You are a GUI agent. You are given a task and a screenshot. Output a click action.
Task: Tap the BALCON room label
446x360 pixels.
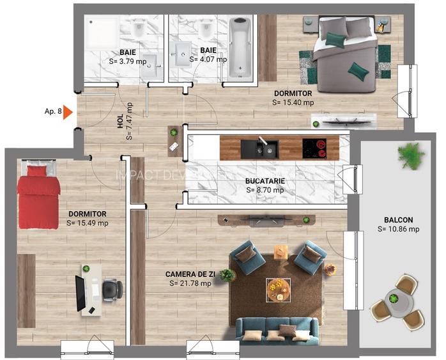398,217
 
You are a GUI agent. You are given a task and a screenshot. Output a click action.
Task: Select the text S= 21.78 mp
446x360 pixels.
190,283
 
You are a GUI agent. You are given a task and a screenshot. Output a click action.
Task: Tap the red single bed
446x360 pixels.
38,196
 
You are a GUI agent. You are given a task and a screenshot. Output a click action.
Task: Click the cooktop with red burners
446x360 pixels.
314,148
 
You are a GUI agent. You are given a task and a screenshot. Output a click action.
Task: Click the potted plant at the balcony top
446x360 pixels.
410,154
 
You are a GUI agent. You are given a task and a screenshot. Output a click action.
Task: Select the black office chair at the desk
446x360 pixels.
111,290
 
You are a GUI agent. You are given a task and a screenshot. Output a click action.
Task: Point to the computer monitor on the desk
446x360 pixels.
81,293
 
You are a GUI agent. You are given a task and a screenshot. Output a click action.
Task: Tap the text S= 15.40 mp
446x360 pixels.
293,102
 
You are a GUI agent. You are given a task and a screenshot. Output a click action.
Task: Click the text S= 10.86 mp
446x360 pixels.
398,228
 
